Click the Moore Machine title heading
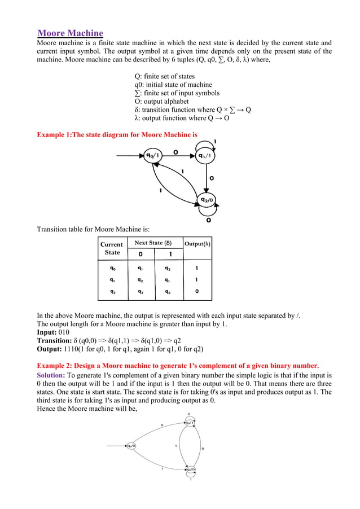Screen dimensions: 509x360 point(70,33)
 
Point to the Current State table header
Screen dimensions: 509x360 point(111,248)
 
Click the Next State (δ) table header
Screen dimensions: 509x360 point(152,243)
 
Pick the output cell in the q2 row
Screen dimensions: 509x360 point(196,292)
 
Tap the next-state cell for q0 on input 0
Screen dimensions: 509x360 point(140,269)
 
